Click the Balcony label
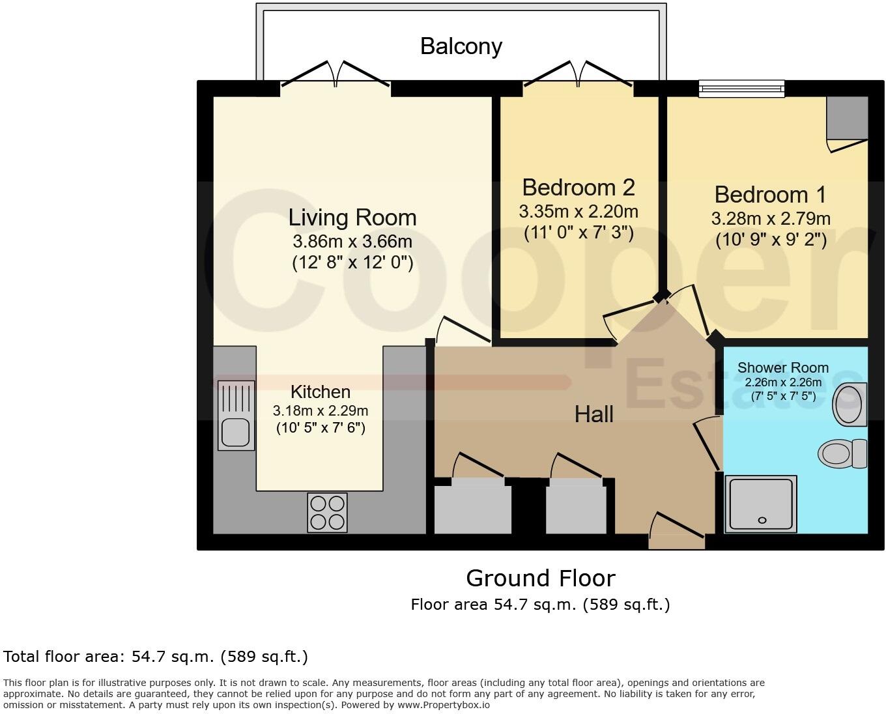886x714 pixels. click(461, 46)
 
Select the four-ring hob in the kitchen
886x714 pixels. click(327, 513)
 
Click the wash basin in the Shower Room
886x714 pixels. click(850, 404)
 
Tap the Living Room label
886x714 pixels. click(352, 217)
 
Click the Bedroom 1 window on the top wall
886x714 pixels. click(741, 88)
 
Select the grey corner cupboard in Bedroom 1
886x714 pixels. click(847, 118)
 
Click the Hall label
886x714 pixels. click(593, 414)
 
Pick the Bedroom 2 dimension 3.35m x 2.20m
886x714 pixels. click(579, 212)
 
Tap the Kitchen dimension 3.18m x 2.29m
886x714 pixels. click(321, 410)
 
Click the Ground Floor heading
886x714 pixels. click(540, 578)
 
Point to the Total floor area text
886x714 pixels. click(156, 656)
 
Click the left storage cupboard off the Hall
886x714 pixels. click(472, 507)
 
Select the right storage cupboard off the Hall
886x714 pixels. click(576, 507)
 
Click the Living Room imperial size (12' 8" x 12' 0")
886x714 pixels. click(352, 263)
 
